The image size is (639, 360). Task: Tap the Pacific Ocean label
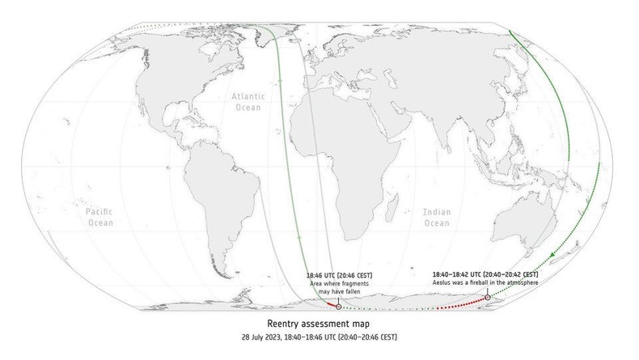pos(99,215)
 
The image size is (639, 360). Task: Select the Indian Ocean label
pos(437,217)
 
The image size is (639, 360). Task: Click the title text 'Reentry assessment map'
pos(319,323)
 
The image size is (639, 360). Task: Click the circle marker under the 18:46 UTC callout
pos(338,307)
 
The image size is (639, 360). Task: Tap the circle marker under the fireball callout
pos(488,298)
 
